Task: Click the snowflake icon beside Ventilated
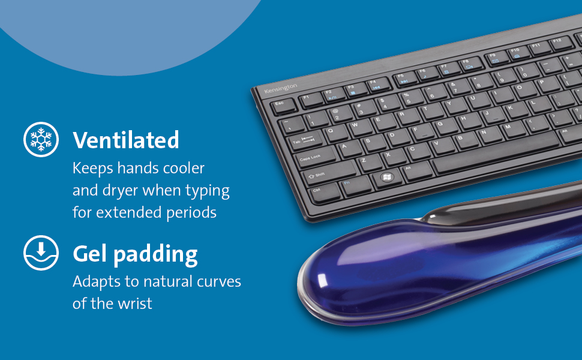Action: click(x=41, y=140)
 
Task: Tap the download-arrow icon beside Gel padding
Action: click(x=41, y=253)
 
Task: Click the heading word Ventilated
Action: click(x=126, y=140)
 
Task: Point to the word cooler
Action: click(x=184, y=168)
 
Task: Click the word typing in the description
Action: click(x=208, y=191)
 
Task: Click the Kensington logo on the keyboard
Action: click(x=281, y=88)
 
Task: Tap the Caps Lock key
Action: click(x=316, y=158)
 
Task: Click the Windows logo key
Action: click(x=387, y=178)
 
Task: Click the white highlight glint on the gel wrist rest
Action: click(x=323, y=281)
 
